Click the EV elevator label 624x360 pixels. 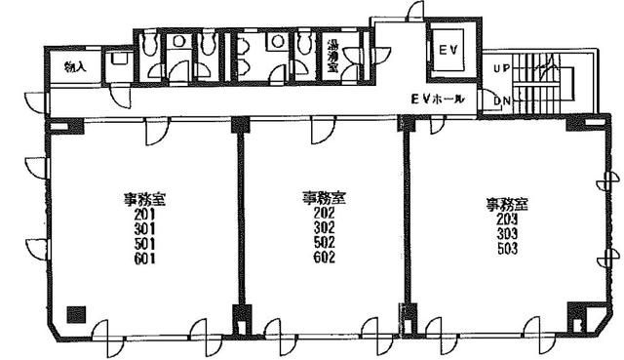pyautogui.click(x=448, y=50)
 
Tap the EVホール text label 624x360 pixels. pyautogui.click(x=438, y=100)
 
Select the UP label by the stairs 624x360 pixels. pyautogui.click(x=501, y=68)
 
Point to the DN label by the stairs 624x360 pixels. pyautogui.click(x=501, y=101)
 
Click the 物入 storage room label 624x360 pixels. pyautogui.click(x=76, y=66)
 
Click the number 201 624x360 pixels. pyautogui.click(x=144, y=215)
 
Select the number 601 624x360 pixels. pyautogui.click(x=144, y=259)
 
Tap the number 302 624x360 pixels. pyautogui.click(x=324, y=227)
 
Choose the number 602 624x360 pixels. pyautogui.click(x=324, y=257)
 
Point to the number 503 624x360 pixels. pyautogui.click(x=507, y=249)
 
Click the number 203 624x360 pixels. pyautogui.click(x=507, y=220)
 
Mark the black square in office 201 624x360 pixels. pyautogui.click(x=76, y=314)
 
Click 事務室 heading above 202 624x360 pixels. pyautogui.click(x=324, y=198)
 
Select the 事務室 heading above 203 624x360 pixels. pyautogui.click(x=507, y=205)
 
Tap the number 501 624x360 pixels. pyautogui.click(x=144, y=244)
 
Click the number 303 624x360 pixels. pyautogui.click(x=507, y=234)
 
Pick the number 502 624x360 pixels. pyautogui.click(x=324, y=242)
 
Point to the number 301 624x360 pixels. pyautogui.click(x=144, y=229)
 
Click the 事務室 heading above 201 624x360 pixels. pyautogui.click(x=144, y=200)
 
